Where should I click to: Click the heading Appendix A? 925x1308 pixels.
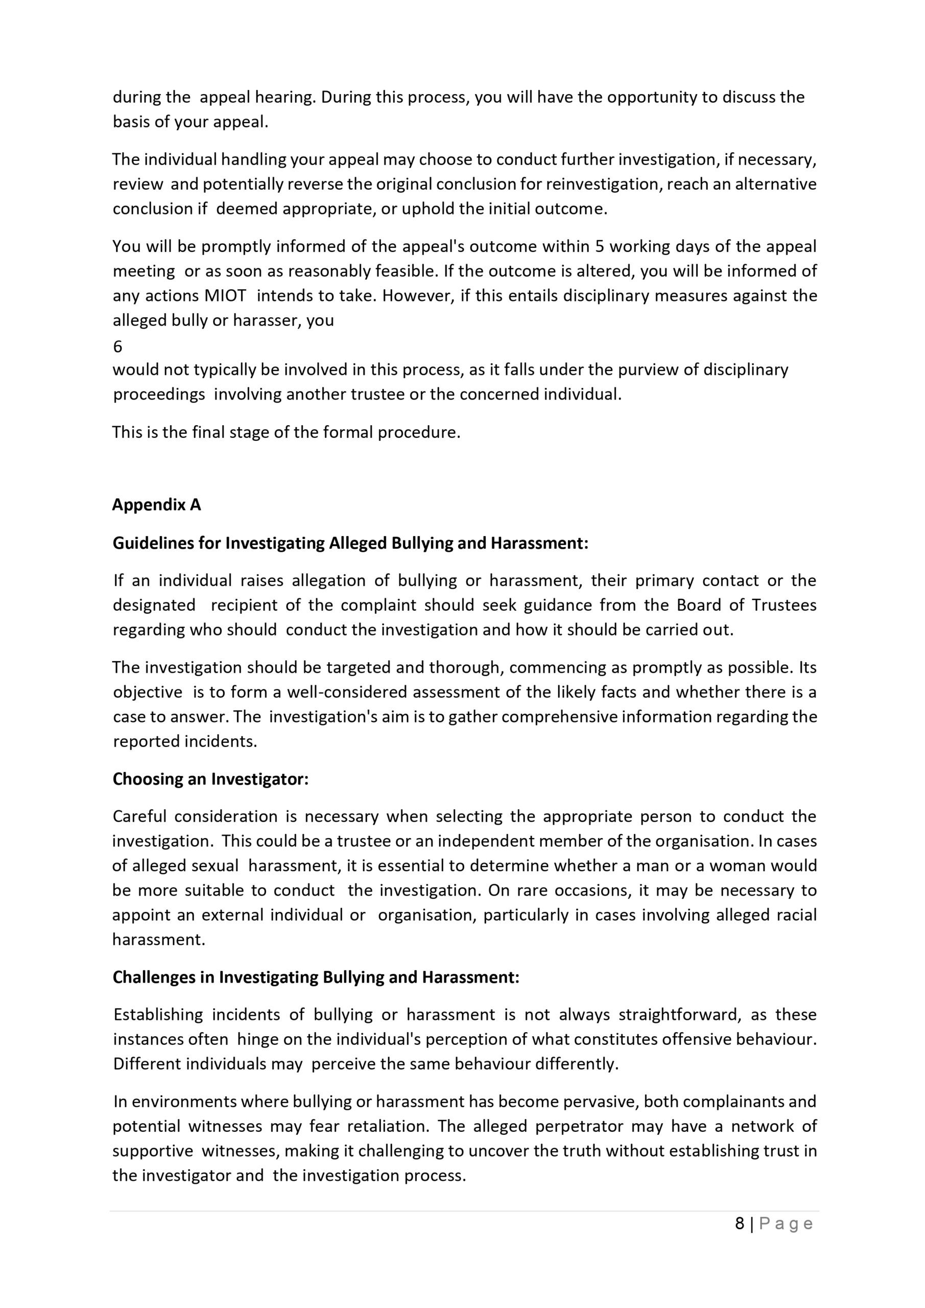click(x=157, y=505)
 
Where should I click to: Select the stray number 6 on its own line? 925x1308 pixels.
click(x=117, y=346)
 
